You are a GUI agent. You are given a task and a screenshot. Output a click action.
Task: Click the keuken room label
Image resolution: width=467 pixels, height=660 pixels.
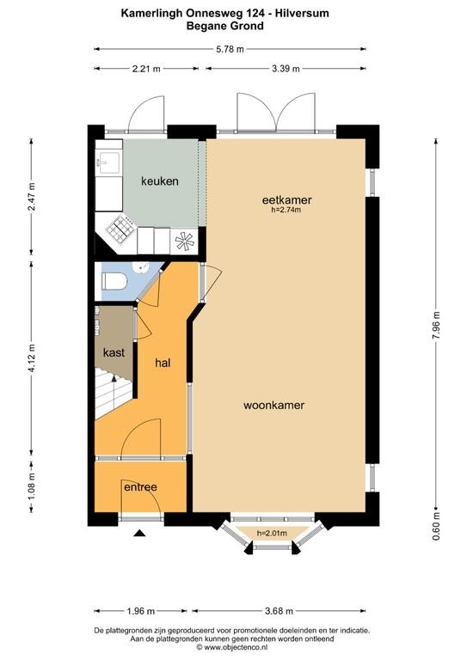160,181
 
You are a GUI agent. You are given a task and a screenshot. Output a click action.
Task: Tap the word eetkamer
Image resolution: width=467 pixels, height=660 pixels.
286,199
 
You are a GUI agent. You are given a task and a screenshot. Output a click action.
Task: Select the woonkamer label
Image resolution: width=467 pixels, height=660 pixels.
273,405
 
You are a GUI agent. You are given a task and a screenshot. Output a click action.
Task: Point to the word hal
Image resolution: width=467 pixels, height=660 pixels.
163,363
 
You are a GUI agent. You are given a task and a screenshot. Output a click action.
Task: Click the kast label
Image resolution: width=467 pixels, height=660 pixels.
114,352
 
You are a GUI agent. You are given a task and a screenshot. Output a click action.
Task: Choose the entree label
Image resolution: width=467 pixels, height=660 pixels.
140,487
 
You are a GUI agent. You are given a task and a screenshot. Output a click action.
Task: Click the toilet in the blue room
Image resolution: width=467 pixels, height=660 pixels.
114,281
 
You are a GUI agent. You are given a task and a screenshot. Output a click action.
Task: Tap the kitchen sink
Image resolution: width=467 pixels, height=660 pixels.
108,162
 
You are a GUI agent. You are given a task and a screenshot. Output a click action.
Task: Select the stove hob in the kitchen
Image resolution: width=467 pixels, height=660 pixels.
120,229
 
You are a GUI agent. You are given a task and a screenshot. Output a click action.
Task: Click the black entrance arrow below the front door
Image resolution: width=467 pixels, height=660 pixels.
140,534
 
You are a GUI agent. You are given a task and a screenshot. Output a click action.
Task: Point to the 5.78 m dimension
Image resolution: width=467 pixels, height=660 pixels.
230,49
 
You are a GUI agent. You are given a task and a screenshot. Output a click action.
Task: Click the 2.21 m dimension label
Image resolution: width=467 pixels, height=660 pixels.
146,69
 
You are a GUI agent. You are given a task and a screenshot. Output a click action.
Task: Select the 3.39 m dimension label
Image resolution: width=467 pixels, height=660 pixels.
286,69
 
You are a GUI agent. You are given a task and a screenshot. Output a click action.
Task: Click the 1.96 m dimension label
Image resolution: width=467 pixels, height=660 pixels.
141,611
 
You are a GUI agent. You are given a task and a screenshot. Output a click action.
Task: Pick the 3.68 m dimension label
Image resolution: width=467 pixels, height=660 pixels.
280,611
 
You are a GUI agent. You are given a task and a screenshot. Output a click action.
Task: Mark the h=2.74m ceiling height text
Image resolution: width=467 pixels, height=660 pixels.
286,210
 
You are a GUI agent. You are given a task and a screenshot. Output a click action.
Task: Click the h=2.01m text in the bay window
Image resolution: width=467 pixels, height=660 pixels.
272,534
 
